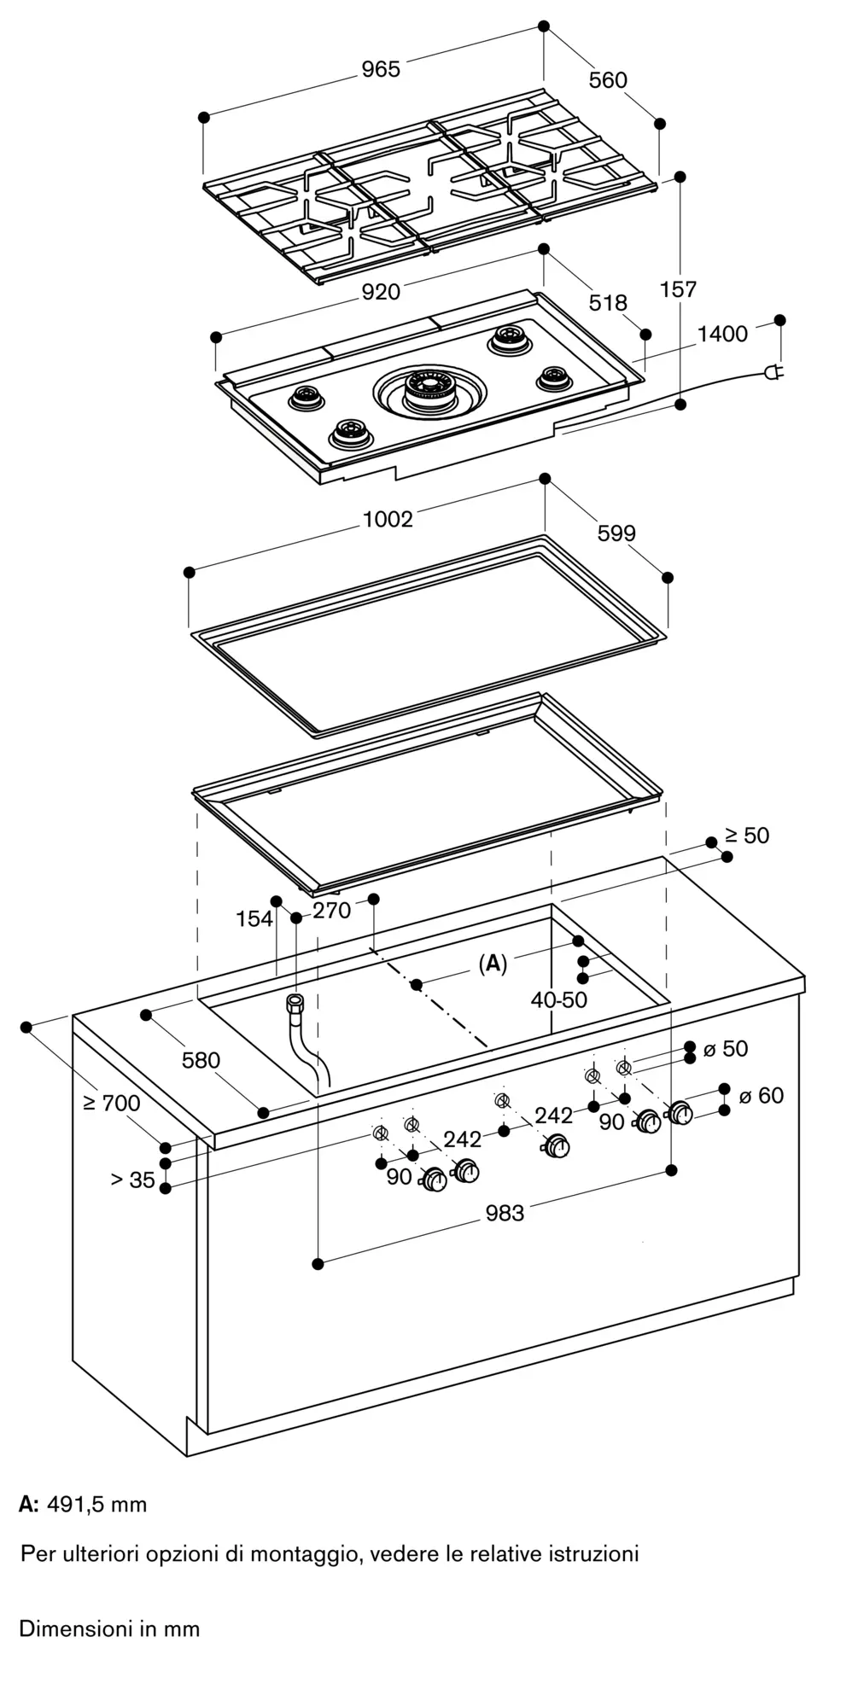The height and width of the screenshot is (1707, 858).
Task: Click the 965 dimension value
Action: [380, 69]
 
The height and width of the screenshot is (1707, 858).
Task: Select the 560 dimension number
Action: [608, 80]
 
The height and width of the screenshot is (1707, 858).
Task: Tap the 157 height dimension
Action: [679, 289]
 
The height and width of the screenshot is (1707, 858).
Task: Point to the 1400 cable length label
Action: [721, 334]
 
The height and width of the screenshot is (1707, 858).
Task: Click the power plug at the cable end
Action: [773, 372]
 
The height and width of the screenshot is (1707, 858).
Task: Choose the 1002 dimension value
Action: [388, 519]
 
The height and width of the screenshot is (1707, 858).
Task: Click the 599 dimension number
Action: [616, 533]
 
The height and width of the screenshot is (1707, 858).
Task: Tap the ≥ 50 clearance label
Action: [747, 836]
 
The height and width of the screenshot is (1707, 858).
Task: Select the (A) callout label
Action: [493, 964]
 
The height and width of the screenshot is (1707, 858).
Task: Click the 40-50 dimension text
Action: [559, 999]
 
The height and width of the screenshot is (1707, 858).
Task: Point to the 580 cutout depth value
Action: [201, 1060]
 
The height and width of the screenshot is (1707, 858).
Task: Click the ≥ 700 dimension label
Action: [112, 1103]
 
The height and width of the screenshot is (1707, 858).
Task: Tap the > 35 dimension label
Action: [132, 1180]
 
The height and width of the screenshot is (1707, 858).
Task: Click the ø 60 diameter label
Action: [761, 1095]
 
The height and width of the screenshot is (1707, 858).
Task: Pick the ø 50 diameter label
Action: [725, 1048]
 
